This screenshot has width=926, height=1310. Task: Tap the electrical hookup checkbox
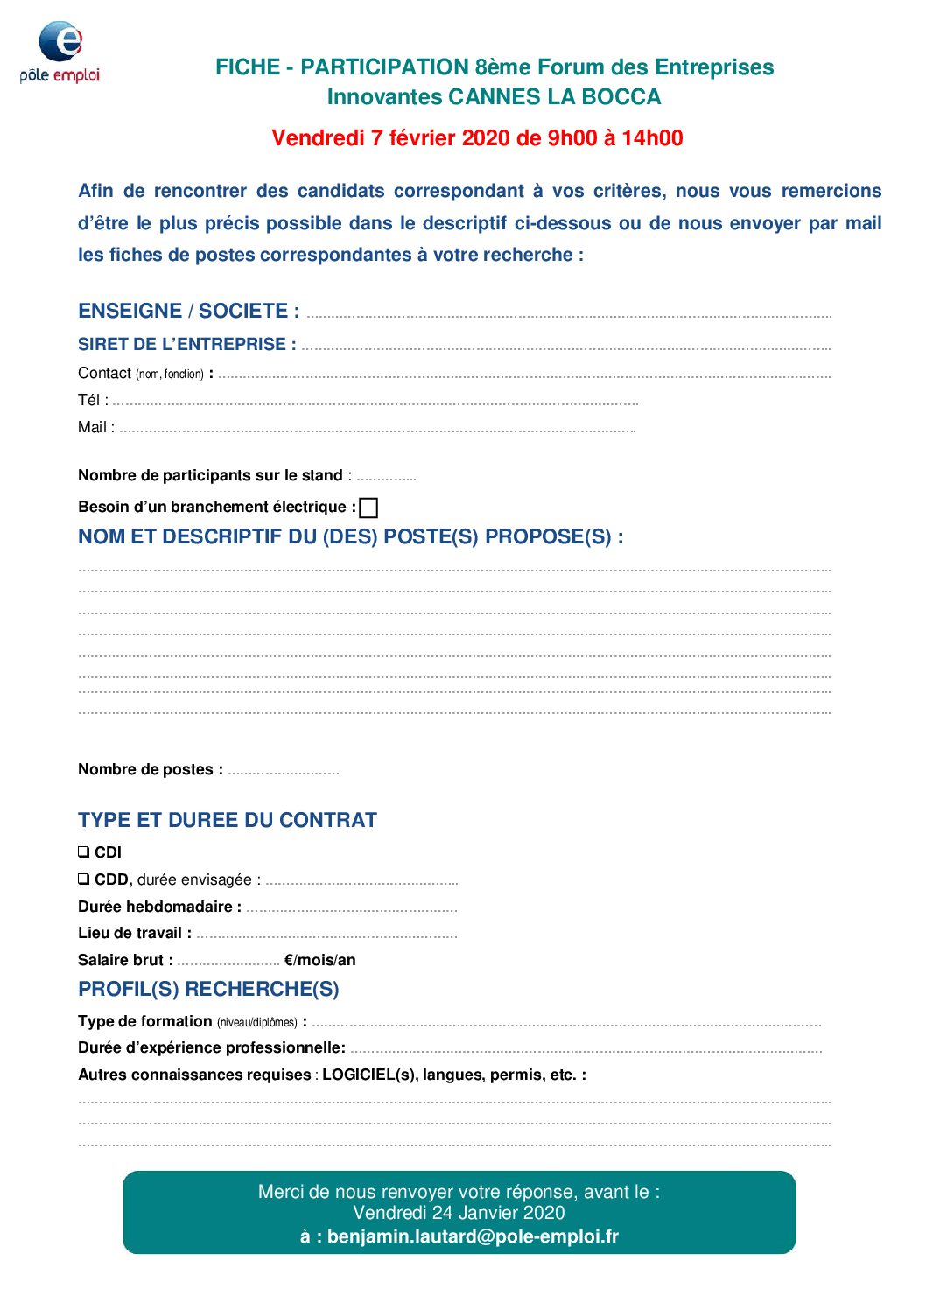coord(369,508)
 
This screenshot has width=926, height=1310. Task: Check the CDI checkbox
coord(83,851)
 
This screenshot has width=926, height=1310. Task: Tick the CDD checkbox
coord(83,879)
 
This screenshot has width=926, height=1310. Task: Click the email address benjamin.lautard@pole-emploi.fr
coord(473,1236)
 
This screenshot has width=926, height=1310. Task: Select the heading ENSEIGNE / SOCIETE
coord(188,312)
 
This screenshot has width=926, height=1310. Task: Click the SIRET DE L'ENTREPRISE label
coord(186,345)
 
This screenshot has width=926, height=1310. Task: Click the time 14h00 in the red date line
coord(652,138)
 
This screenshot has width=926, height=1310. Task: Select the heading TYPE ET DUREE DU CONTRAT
coord(228,821)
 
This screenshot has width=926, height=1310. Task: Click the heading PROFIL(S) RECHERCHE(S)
coord(208,990)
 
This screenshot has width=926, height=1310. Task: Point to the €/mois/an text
coord(320,961)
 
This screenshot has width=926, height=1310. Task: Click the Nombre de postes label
coord(150,770)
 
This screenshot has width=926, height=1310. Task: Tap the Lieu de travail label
coord(134,934)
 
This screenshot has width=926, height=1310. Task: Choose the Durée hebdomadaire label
coord(159,907)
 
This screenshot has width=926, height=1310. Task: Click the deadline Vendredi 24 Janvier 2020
coord(459,1213)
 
